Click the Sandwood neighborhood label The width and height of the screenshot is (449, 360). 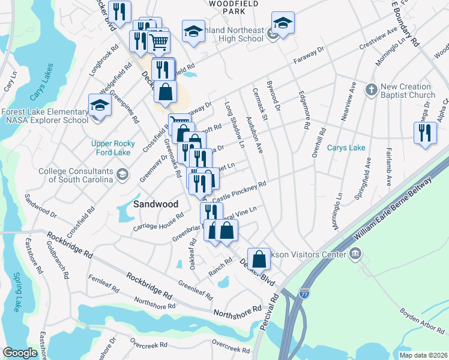pyautogui.click(x=155, y=204)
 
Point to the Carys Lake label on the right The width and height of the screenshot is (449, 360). pyautogui.click(x=346, y=147)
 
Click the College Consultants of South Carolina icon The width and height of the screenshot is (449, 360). pyautogui.click(x=122, y=175)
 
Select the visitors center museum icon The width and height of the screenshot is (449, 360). pyautogui.click(x=355, y=254)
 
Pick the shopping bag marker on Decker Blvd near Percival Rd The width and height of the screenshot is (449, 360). pyautogui.click(x=259, y=259)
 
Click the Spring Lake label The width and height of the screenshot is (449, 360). pyautogui.click(x=17, y=292)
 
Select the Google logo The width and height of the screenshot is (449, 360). pyautogui.click(x=20, y=353)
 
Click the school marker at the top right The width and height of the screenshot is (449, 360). pyautogui.click(x=283, y=23)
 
